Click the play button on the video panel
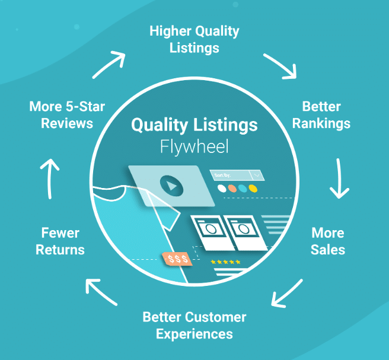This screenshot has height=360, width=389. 171,186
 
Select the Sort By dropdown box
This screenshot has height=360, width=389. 236,174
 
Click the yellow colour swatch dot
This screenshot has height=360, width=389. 253,189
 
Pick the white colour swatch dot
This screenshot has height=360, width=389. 222,189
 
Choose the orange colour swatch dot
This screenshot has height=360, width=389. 232,189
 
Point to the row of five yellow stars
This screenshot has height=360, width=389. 225,262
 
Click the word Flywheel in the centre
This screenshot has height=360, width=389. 194,146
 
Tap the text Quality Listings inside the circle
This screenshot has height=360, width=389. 194,125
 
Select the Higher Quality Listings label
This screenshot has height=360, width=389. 194,39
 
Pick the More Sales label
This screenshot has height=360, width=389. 327,240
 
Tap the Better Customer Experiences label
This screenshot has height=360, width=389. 194,325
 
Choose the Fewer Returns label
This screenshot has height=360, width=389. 60,240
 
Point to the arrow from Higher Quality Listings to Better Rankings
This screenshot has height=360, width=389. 280,65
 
